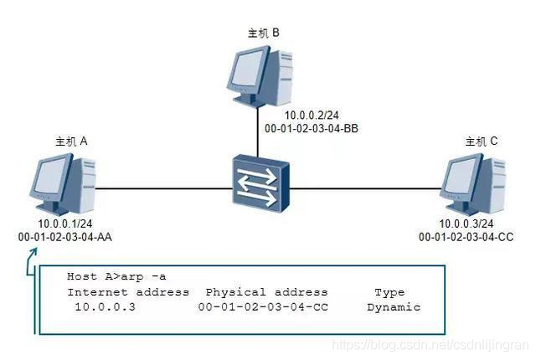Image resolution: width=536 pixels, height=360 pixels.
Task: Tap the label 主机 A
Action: click(x=71, y=141)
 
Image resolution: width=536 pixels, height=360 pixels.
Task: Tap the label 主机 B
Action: click(x=263, y=33)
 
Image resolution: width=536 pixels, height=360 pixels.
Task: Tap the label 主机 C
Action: click(x=482, y=141)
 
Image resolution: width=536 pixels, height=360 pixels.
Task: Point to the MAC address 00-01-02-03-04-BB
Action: click(x=312, y=129)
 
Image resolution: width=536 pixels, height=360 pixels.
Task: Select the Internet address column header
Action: click(x=128, y=292)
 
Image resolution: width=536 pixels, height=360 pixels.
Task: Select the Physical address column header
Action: click(x=266, y=292)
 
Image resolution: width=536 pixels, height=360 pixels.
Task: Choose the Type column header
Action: click(x=389, y=292)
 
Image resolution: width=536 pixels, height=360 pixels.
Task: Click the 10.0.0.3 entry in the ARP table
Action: click(x=105, y=307)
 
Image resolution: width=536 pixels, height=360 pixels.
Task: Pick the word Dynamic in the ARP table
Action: click(x=393, y=307)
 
